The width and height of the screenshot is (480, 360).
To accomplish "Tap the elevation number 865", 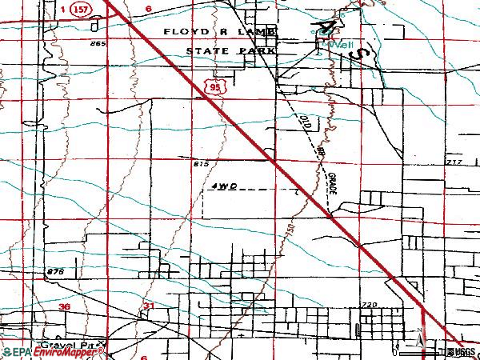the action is (98, 43).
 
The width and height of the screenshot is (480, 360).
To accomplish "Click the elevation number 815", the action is (200, 163).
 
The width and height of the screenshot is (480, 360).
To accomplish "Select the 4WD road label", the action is (226, 186).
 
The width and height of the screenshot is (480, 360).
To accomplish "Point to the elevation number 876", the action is (55, 272).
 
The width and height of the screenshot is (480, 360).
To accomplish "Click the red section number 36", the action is (65, 306).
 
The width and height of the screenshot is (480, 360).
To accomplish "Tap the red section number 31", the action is (148, 306).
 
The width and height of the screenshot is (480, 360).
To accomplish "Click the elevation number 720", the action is (368, 305).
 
